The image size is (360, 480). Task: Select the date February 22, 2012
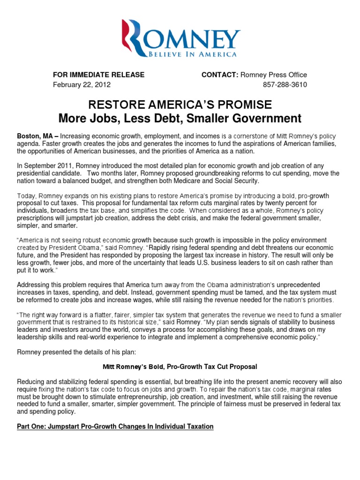[82, 84]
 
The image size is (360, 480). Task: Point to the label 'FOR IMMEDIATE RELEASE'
[98, 75]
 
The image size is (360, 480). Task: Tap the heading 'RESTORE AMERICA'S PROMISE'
[180, 104]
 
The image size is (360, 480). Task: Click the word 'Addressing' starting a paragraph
[33, 285]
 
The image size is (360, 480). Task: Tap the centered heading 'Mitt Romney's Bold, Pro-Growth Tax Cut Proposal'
[180, 366]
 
